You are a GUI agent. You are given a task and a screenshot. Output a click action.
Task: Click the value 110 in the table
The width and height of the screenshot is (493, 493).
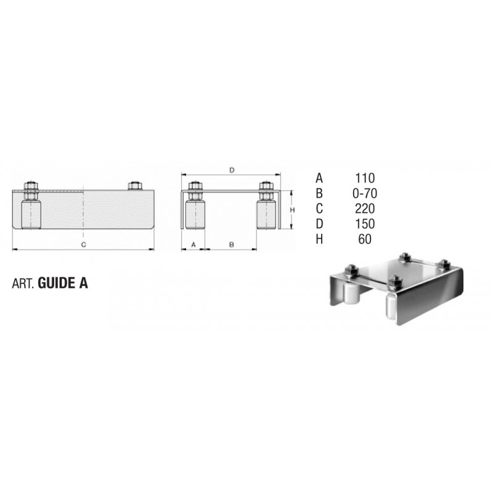pyautogui.click(x=365, y=178)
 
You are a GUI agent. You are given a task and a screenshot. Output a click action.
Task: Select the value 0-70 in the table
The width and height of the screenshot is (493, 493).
pyautogui.click(x=365, y=194)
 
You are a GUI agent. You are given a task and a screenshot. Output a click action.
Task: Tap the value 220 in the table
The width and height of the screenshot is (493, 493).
pyautogui.click(x=365, y=209)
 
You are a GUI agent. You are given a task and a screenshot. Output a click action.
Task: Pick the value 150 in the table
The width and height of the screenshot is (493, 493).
pyautogui.click(x=365, y=224)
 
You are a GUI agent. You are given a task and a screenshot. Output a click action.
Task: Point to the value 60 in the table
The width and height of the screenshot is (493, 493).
pyautogui.click(x=365, y=239)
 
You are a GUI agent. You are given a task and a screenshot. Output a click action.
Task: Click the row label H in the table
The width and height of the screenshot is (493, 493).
pyautogui.click(x=319, y=239)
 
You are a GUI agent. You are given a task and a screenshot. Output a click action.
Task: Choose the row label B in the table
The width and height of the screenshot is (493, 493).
pyautogui.click(x=319, y=194)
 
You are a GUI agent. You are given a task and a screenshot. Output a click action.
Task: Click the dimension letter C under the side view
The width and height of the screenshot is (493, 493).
pyautogui.click(x=84, y=245)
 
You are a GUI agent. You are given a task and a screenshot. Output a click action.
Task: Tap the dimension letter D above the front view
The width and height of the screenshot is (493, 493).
pyautogui.click(x=232, y=171)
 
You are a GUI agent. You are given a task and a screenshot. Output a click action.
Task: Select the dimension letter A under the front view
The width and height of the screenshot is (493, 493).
pyautogui.click(x=194, y=244)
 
